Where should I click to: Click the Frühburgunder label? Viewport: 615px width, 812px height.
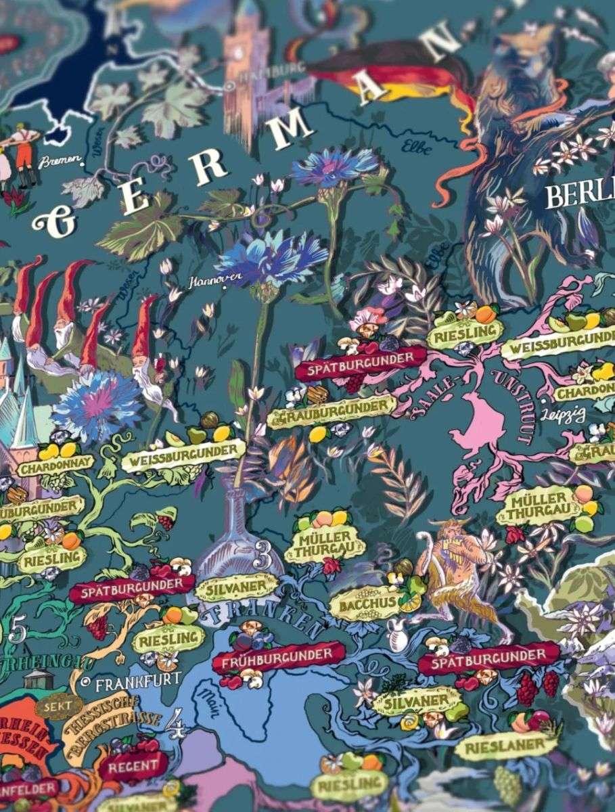[x=273, y=656]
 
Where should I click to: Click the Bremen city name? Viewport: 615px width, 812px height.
[x=60, y=162]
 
